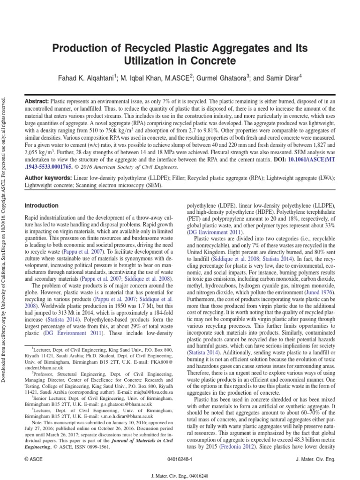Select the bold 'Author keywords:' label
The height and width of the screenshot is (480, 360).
click(49, 179)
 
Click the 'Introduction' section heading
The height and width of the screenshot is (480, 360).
click(42, 205)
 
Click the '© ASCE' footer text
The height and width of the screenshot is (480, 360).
click(32, 460)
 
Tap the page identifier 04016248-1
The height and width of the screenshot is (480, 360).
click(180, 460)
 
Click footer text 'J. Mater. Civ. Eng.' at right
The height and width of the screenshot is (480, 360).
click(316, 460)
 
